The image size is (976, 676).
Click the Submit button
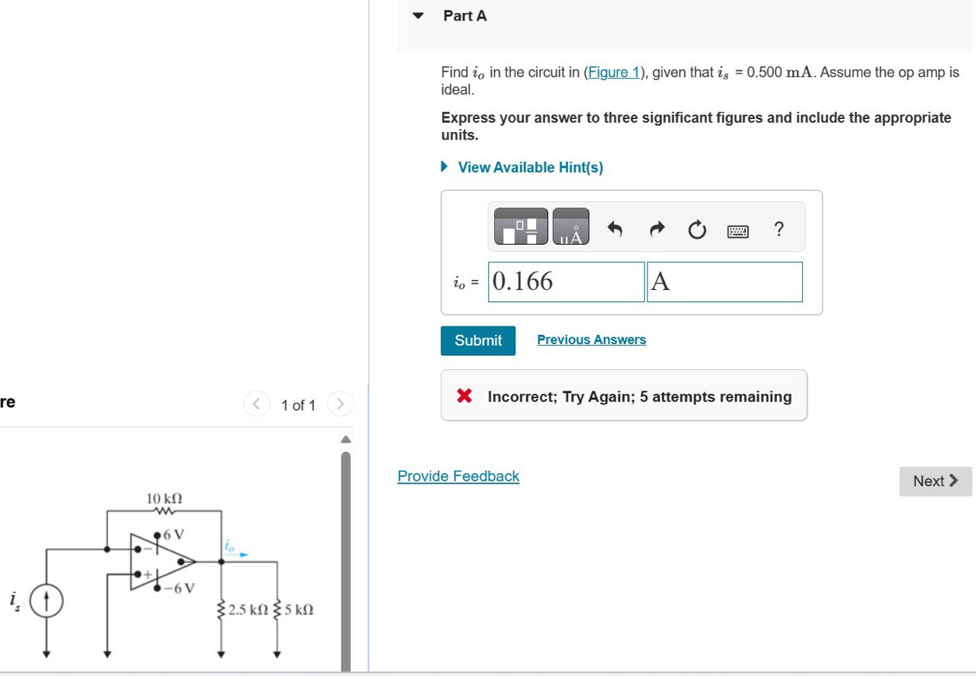pos(477,340)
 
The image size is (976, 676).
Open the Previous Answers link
pos(591,340)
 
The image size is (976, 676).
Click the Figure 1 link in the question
pos(614,72)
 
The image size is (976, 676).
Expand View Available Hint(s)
pos(530,167)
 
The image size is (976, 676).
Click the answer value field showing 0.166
pos(566,282)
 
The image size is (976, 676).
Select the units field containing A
pos(724,282)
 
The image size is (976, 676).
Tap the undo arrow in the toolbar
pos(615,228)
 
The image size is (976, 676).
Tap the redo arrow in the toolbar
pos(657,228)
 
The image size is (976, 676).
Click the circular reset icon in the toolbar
pos(697,229)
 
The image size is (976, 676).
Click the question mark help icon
pos(778,228)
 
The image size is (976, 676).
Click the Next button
pos(935,481)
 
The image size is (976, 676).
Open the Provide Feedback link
pos(458,476)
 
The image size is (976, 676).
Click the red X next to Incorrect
pos(464,396)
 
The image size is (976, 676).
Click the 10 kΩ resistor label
pos(164,498)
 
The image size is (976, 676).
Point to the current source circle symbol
pos(47,602)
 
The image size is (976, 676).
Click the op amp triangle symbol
pos(160,562)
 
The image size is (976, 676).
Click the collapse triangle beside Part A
pos(418,15)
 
